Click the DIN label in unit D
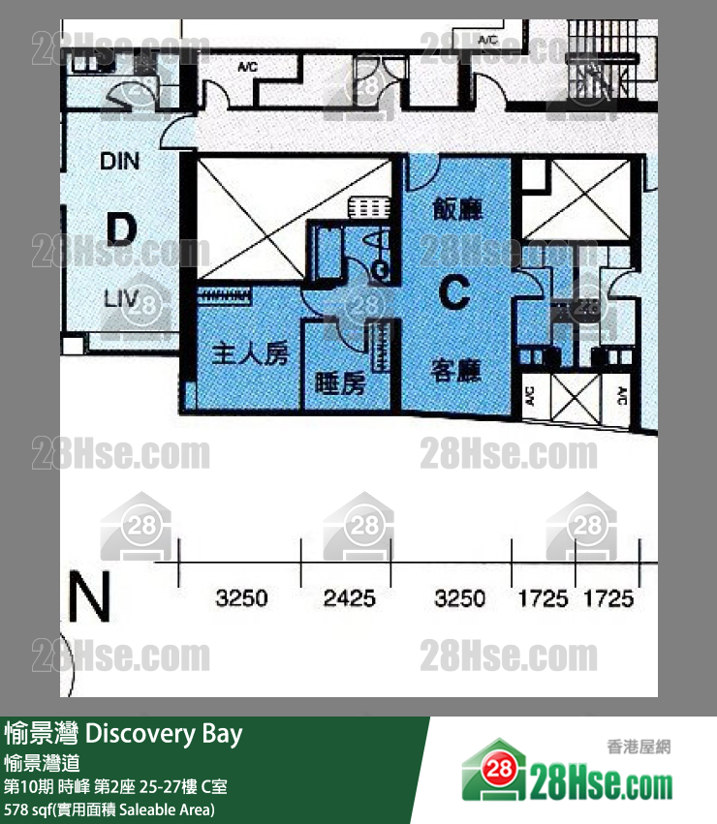coord(119,161)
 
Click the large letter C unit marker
coord(455,291)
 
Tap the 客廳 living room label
coord(455,370)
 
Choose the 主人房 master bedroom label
coord(250,354)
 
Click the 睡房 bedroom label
coord(340,384)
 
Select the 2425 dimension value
coord(349,599)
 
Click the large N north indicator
coord(89,598)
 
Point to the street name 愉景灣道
coord(49,763)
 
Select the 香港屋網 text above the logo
coord(639,747)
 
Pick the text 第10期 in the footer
coord(29,786)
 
